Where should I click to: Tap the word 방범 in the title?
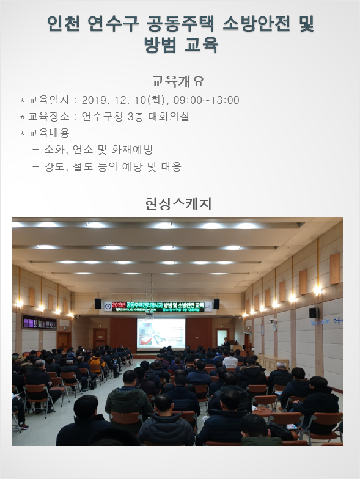pos(161,45)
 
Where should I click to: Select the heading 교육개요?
pos(177,81)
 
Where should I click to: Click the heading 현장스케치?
pos(178,202)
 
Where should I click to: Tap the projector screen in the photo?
pos(161,333)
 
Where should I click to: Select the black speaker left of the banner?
pos(98,304)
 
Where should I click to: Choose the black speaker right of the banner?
pos(216,304)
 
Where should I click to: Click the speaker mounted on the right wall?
pos(313,312)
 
